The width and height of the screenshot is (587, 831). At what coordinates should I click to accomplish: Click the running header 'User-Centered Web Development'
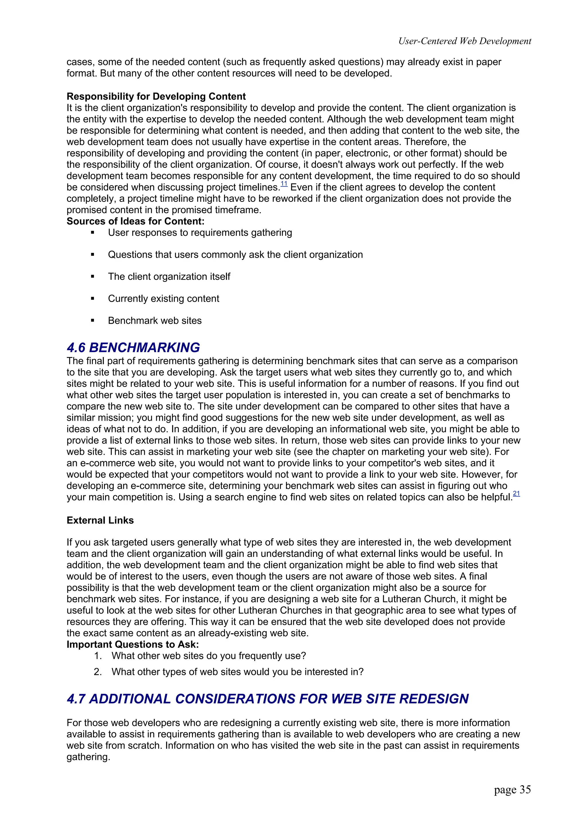tap(464, 41)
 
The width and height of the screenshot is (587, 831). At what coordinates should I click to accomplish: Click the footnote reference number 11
tap(284, 184)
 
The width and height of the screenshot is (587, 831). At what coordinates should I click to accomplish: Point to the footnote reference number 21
tap(516, 493)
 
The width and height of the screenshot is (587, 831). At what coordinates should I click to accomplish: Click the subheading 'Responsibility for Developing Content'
tap(156, 96)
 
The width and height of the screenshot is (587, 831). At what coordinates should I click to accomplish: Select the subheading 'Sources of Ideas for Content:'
tap(135, 221)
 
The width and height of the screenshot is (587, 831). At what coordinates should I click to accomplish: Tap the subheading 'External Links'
tap(100, 520)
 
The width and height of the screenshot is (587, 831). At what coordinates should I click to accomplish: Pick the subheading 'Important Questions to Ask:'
tap(132, 645)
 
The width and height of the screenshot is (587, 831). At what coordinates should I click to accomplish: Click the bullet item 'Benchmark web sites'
tap(154, 321)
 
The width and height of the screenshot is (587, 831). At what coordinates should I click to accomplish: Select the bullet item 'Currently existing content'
tap(163, 299)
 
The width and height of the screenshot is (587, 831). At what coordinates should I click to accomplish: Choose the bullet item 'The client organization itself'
tap(169, 276)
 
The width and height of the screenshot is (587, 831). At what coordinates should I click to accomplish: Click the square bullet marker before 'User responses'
tap(93, 233)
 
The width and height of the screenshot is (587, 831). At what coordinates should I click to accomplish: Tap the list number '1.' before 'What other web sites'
tap(98, 656)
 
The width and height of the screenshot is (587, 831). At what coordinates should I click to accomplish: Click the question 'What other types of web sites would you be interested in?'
tap(237, 672)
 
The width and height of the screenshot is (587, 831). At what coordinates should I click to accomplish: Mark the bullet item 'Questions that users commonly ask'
tap(235, 255)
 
